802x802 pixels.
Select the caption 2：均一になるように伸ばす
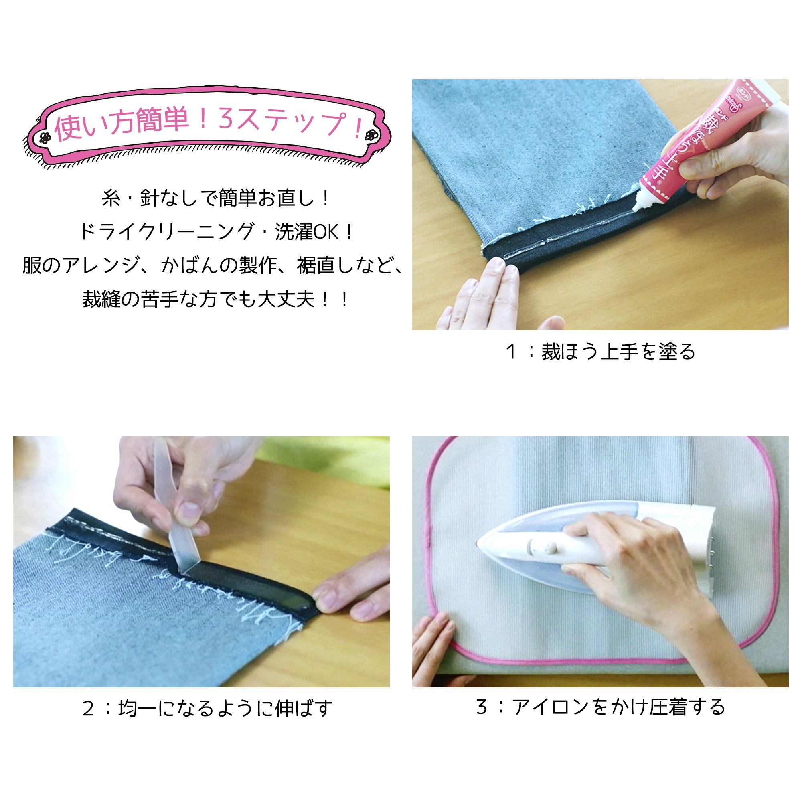click(208, 708)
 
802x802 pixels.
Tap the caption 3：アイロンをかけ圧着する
click(600, 707)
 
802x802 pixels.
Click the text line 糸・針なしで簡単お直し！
click(216, 199)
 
